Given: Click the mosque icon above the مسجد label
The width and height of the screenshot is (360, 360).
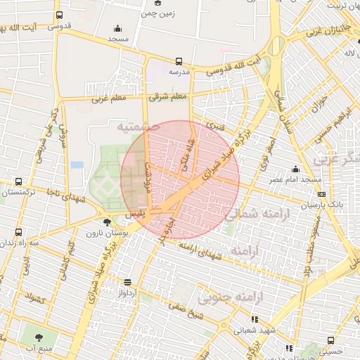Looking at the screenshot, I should (117, 29).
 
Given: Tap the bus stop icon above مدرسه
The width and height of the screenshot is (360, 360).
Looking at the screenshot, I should (179, 61).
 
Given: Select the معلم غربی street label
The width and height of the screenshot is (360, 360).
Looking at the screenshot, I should (107, 99).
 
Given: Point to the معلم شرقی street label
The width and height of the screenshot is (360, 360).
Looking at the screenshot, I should (168, 96).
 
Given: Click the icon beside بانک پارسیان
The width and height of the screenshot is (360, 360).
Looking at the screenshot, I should (322, 194).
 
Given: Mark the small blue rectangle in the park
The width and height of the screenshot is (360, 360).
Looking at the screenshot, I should (77, 165).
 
